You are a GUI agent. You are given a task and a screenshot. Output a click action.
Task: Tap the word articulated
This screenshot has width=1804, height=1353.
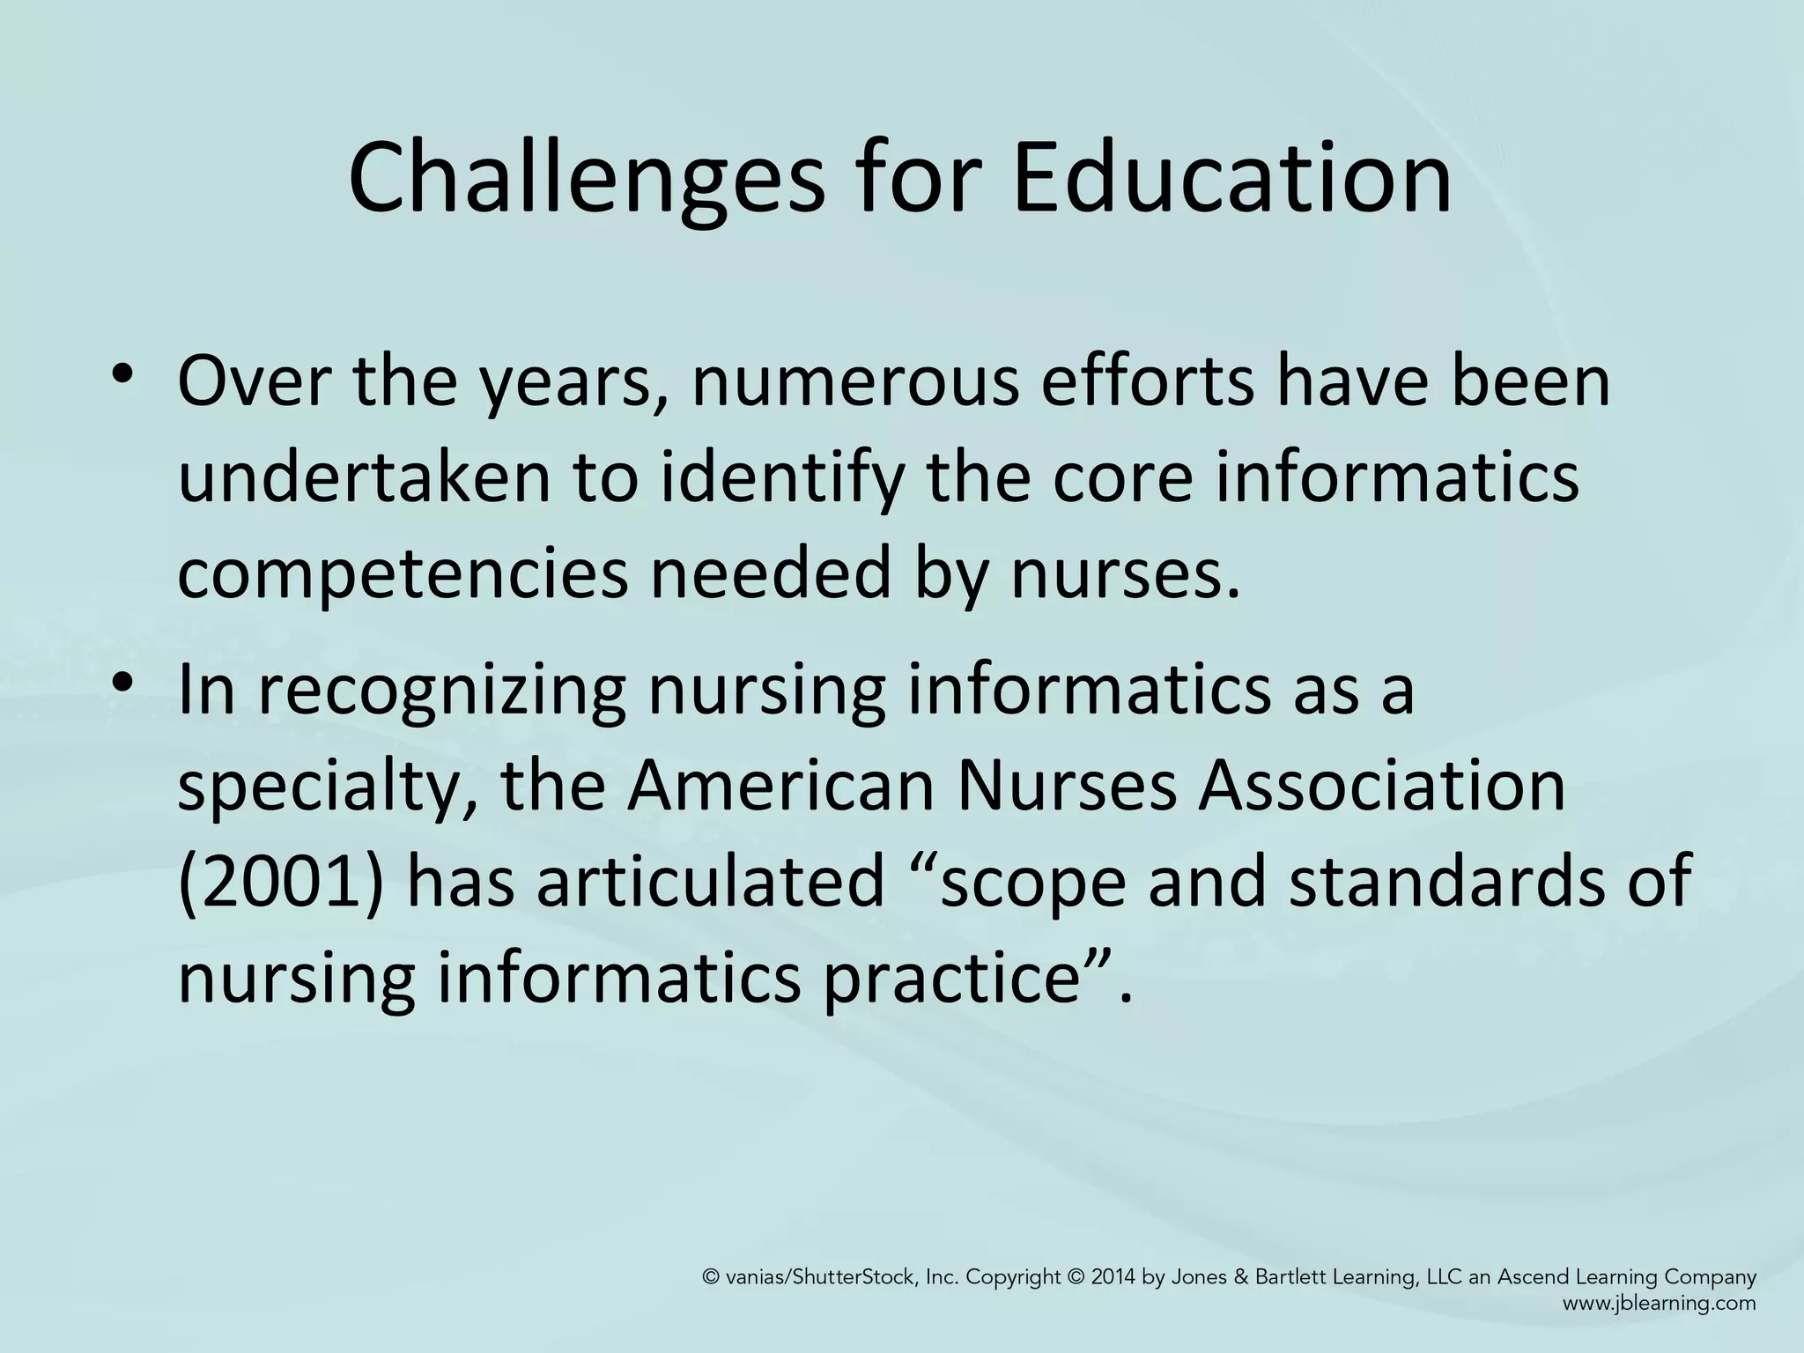(710, 881)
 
